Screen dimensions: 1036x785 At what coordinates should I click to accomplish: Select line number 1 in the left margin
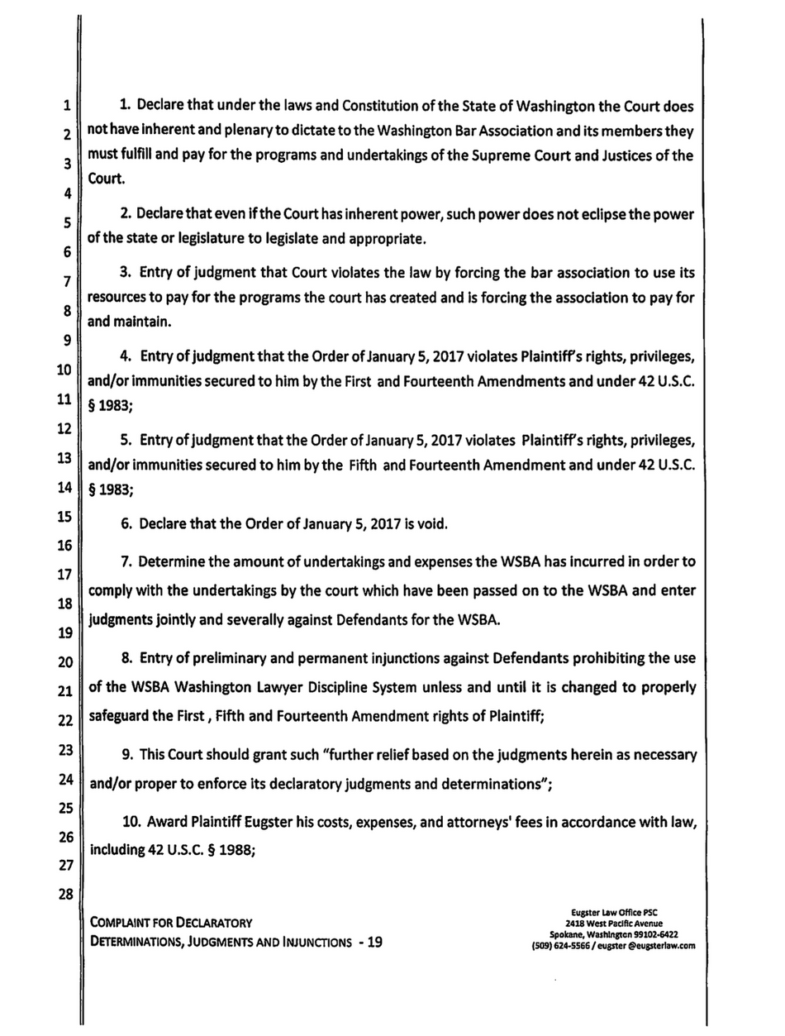pos(66,106)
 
